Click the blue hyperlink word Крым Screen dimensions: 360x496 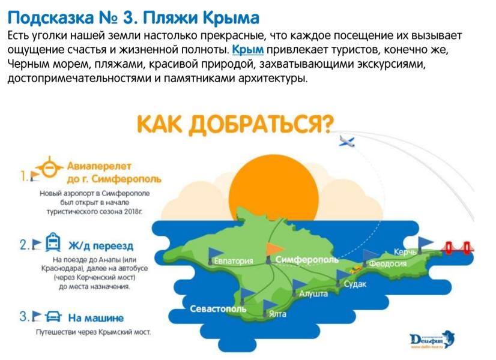pyautogui.click(x=248, y=49)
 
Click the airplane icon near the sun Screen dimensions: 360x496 pyautogui.click(x=346, y=142)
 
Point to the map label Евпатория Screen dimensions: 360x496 pyautogui.click(x=234, y=261)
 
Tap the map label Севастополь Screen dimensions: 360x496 pyautogui.click(x=218, y=309)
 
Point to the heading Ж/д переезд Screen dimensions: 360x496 pyautogui.click(x=101, y=245)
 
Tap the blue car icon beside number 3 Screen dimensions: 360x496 pyautogui.click(x=53, y=316)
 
